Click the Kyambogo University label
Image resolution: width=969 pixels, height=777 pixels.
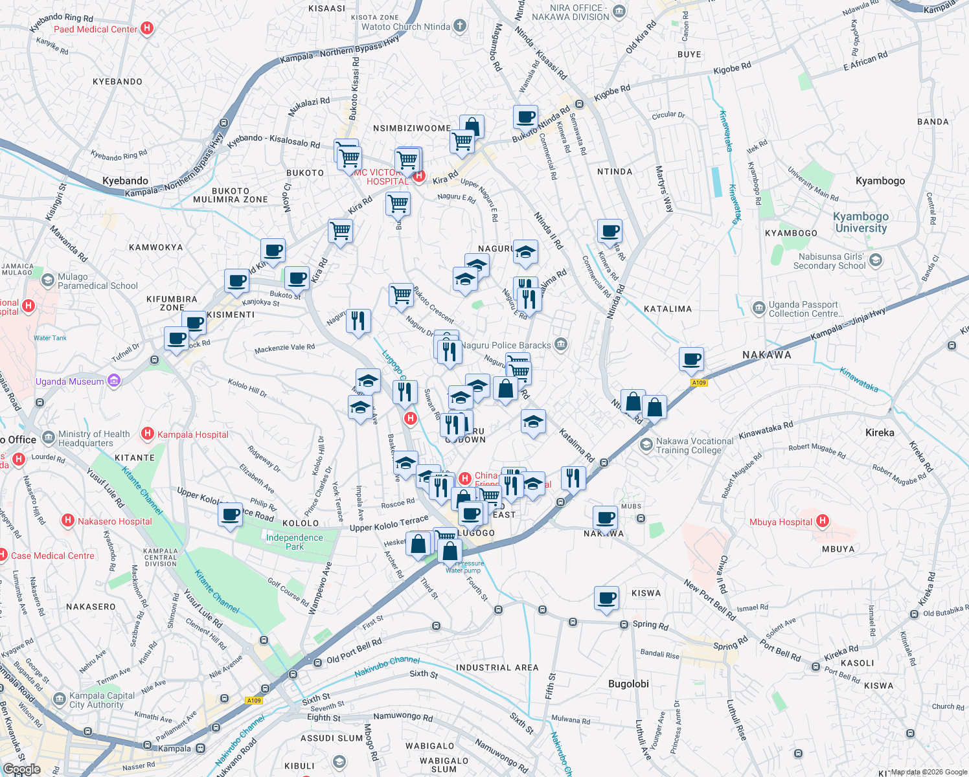click(860, 222)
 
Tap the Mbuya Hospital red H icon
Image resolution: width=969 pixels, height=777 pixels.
click(823, 521)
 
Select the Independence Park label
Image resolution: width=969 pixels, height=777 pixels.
click(294, 542)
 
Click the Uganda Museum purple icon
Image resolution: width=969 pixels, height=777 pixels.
click(114, 381)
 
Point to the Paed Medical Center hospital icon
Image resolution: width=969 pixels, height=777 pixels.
click(147, 28)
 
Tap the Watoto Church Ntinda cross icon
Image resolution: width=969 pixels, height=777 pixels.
click(459, 26)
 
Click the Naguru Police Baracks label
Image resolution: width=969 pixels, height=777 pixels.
click(505, 345)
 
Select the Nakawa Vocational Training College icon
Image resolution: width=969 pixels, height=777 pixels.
click(646, 445)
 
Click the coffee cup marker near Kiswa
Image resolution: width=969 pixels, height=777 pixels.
click(606, 598)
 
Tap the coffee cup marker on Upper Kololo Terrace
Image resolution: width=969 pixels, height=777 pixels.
click(231, 515)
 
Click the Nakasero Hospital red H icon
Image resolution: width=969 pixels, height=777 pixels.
click(67, 521)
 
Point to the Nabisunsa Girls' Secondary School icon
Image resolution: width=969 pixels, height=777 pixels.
click(876, 260)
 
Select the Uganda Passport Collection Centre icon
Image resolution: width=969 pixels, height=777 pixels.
click(758, 308)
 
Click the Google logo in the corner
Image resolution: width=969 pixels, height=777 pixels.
click(21, 769)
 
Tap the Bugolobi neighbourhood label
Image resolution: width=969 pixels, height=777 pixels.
click(628, 684)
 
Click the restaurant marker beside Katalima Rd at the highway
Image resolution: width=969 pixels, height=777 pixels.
click(573, 479)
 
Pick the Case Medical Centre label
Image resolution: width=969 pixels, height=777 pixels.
click(52, 556)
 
